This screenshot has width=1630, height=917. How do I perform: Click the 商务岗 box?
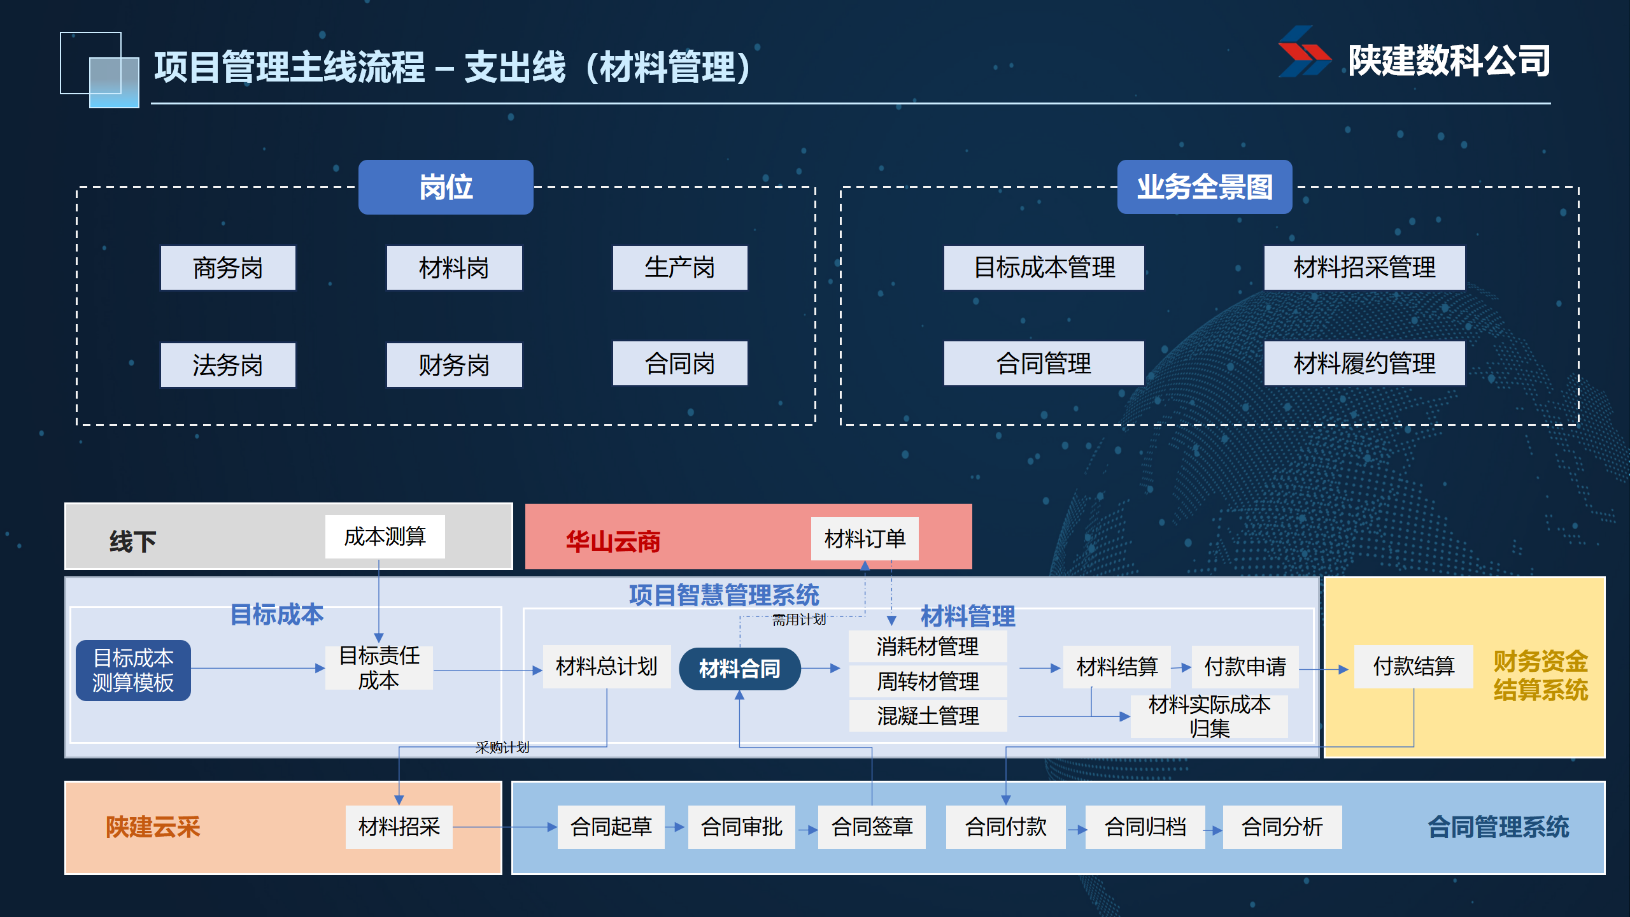click(x=228, y=268)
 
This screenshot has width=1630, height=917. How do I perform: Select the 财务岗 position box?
click(x=454, y=365)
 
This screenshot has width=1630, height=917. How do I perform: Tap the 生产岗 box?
click(x=679, y=268)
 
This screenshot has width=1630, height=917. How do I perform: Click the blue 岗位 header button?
click(x=446, y=187)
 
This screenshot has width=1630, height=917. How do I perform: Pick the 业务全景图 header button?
click(x=1204, y=187)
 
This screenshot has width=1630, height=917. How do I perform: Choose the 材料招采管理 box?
click(x=1364, y=268)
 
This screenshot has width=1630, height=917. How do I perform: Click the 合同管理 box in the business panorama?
click(x=1044, y=364)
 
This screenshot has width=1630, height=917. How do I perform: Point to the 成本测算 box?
click(x=385, y=537)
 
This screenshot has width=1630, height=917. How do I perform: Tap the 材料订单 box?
click(x=864, y=539)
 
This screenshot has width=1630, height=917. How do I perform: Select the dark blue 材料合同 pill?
click(x=739, y=669)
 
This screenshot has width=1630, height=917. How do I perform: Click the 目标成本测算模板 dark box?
click(x=133, y=670)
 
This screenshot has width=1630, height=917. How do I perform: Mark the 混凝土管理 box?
click(x=928, y=716)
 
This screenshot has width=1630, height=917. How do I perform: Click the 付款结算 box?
click(x=1414, y=666)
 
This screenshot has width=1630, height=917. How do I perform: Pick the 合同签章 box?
click(x=872, y=827)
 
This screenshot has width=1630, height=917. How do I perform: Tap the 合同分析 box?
click(x=1282, y=827)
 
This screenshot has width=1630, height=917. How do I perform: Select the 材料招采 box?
click(x=399, y=827)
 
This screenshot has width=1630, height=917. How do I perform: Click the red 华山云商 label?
click(x=613, y=541)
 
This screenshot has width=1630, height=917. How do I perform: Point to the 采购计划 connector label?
click(x=502, y=747)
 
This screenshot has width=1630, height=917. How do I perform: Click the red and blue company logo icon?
click(x=1303, y=52)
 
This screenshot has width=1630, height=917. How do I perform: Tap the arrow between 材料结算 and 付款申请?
click(x=1181, y=667)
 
